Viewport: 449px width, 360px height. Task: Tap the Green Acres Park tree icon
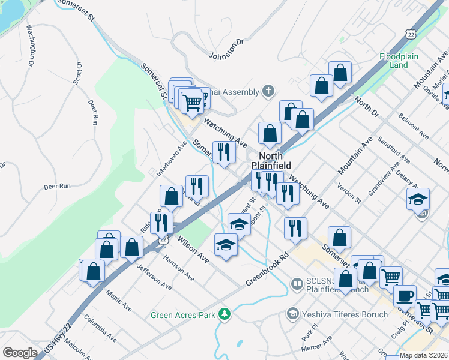click(225, 314)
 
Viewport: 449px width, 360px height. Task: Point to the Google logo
click(20, 353)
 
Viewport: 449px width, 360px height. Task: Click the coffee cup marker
click(405, 296)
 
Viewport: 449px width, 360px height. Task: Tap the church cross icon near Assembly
click(268, 92)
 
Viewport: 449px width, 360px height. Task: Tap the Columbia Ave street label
click(99, 326)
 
